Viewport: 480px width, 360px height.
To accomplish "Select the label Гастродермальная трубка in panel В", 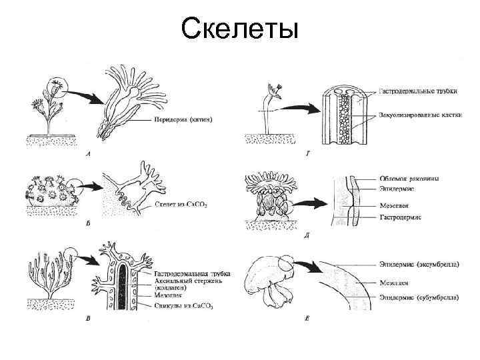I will [x=193, y=274].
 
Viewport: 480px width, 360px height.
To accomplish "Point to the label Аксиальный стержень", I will [x=183, y=283].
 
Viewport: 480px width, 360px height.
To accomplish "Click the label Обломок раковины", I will [x=410, y=178].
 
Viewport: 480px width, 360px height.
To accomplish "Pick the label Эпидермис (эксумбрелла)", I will [x=419, y=264].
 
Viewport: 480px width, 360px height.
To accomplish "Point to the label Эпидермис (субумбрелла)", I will [x=419, y=296].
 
